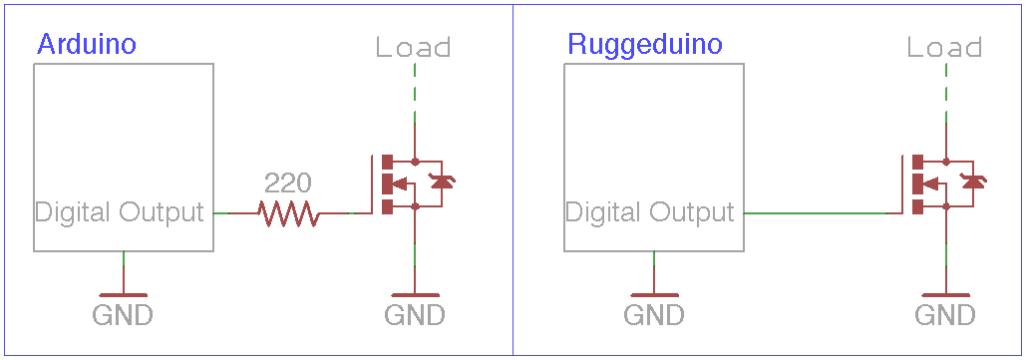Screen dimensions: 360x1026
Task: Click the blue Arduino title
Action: tap(86, 45)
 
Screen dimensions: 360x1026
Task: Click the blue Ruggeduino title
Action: tap(644, 45)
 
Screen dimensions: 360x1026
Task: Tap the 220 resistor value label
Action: tap(287, 182)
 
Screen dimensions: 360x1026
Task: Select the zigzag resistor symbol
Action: tap(287, 212)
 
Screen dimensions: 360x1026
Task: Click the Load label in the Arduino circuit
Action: tap(414, 48)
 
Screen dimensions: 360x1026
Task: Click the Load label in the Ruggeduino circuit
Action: tap(944, 48)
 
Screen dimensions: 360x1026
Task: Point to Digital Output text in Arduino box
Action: tap(120, 212)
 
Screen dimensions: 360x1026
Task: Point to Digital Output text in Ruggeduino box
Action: tap(650, 212)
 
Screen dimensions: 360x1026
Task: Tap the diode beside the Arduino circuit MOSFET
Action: tap(442, 181)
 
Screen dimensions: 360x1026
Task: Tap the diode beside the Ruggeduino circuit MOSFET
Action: tap(972, 181)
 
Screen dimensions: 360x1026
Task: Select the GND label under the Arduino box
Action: tap(123, 316)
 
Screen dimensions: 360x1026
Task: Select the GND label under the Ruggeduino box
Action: tap(654, 316)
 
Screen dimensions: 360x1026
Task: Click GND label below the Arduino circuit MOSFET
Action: tap(415, 316)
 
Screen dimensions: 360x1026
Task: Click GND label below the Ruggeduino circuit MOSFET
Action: tap(945, 316)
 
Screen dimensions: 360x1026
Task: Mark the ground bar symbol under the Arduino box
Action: tap(123, 294)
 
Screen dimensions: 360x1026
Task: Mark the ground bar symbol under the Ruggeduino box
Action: tap(654, 294)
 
